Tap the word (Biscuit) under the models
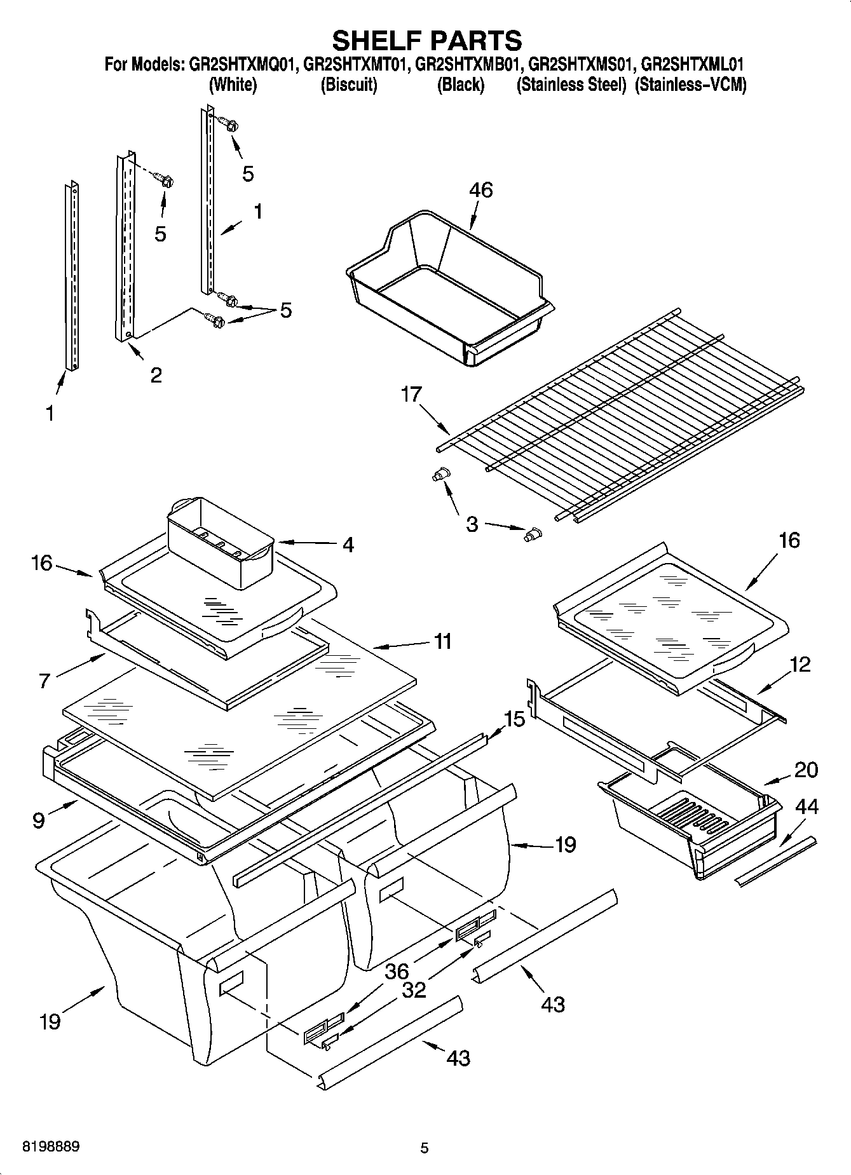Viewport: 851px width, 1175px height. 349,85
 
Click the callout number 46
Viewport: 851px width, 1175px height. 480,190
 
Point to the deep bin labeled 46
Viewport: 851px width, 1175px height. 445,292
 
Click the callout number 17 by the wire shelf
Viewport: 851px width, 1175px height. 411,395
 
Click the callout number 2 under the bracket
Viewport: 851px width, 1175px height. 156,375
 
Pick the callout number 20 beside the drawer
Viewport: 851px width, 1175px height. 807,770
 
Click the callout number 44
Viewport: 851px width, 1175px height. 807,807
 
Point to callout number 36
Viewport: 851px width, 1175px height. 397,972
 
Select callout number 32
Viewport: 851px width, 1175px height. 414,990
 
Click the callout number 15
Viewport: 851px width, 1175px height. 515,719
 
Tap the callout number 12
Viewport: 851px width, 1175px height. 801,665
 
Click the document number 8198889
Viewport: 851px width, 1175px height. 50,1146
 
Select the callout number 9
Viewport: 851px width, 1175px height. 39,820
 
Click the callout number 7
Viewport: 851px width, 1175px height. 44,681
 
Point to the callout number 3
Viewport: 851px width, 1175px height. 472,525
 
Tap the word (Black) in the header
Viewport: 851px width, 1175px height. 460,85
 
